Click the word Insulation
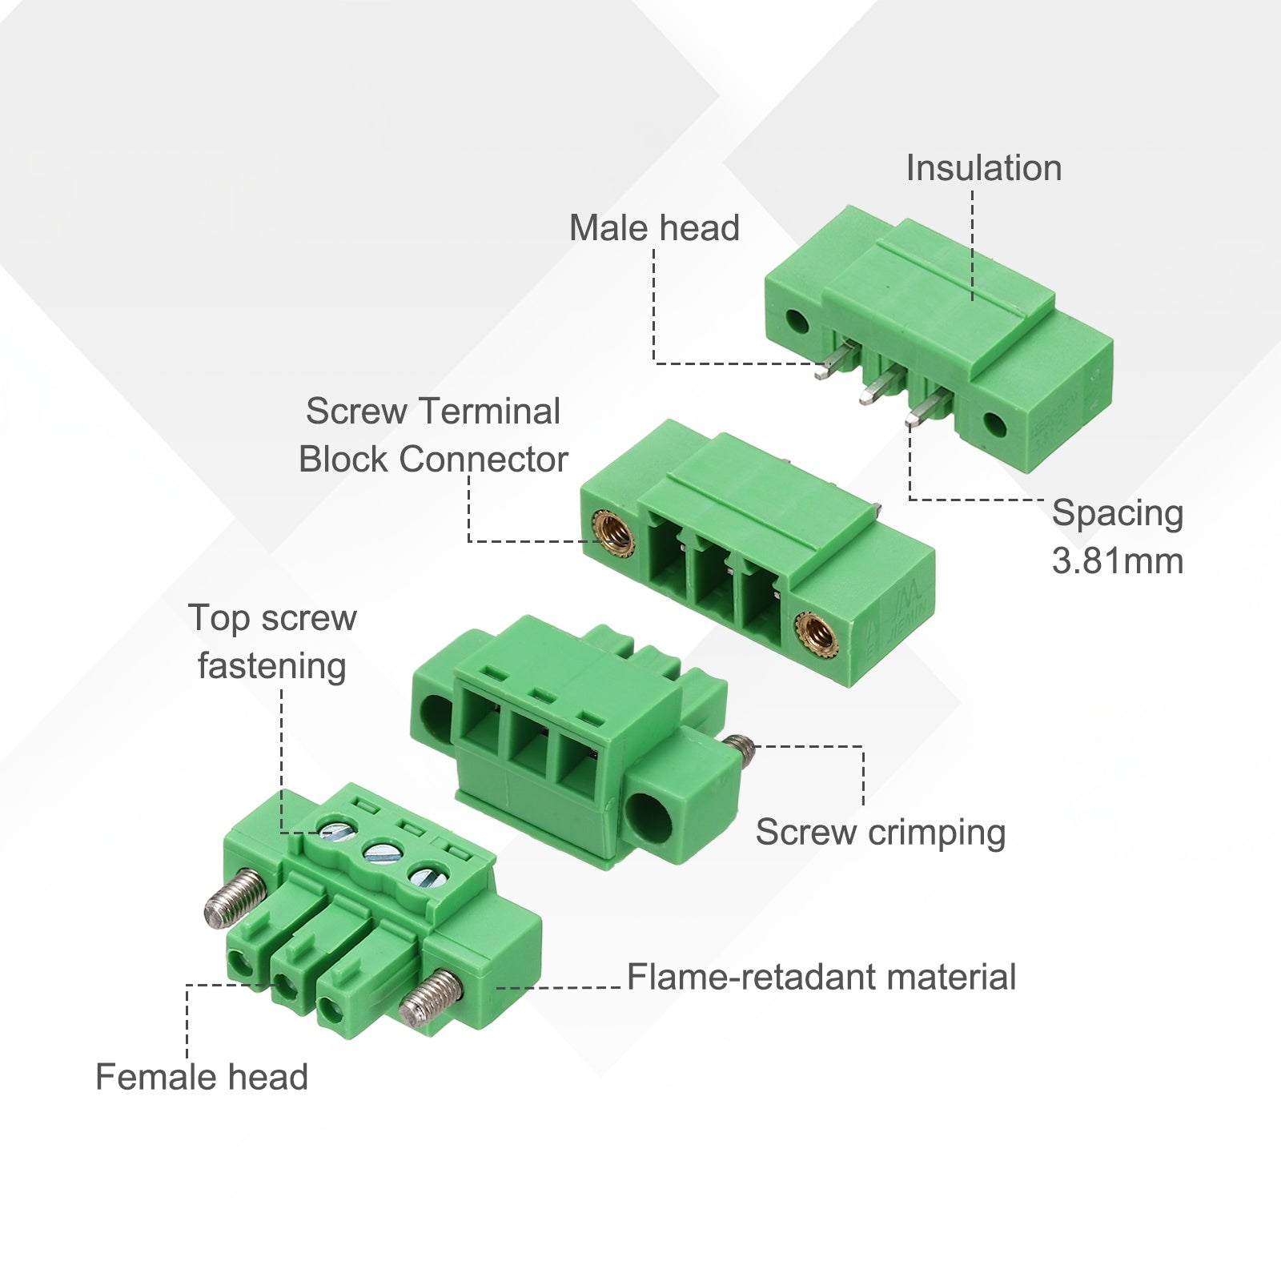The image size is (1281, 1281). point(984,168)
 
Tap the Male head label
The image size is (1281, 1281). point(654,228)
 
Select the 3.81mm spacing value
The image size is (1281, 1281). point(1118,561)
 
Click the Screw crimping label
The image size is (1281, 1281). point(881,833)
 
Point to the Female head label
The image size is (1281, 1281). point(202,1077)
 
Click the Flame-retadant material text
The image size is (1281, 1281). point(821,977)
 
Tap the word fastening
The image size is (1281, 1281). point(272,666)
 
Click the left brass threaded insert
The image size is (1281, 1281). point(614,536)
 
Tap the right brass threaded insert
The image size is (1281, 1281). point(816,636)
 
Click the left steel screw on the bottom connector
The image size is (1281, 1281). point(234,897)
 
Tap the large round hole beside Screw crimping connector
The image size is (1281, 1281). point(649,816)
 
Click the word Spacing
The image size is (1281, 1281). point(1118,513)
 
